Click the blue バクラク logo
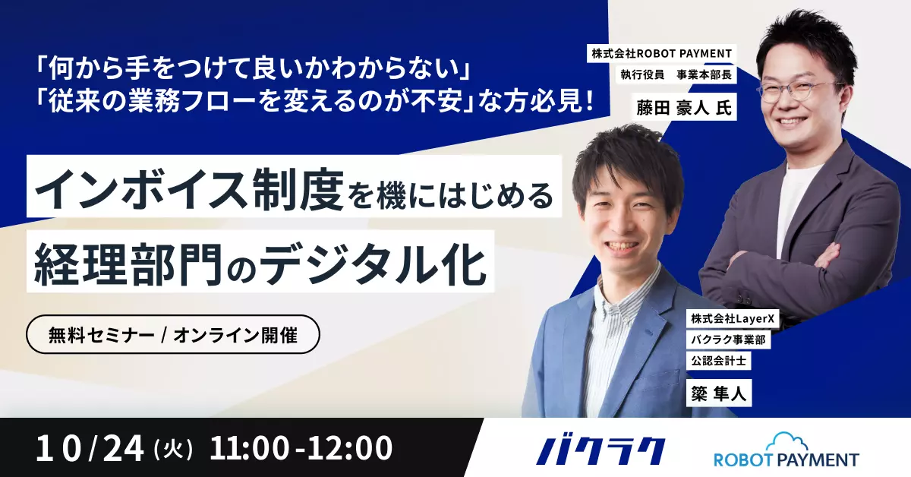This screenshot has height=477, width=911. tap(601, 451)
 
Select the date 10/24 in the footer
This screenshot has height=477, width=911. tap(90, 448)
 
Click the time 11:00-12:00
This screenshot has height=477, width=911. tap(301, 448)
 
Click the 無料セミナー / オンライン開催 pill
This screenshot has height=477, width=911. tap(173, 334)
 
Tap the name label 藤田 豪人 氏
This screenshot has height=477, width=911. tap(684, 109)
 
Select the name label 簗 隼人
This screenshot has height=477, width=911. tap(719, 393)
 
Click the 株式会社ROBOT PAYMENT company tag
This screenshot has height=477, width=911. tap(662, 53)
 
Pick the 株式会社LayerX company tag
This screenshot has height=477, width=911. tap(733, 319)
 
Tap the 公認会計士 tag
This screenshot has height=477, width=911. tap(718, 361)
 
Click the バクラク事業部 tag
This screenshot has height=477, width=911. tap(728, 340)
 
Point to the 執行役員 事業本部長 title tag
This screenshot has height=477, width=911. tap(676, 74)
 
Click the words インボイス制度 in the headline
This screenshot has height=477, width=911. tap(190, 190)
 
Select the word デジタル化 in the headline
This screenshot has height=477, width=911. tap(373, 265)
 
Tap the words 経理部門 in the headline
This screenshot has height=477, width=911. tap(128, 265)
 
